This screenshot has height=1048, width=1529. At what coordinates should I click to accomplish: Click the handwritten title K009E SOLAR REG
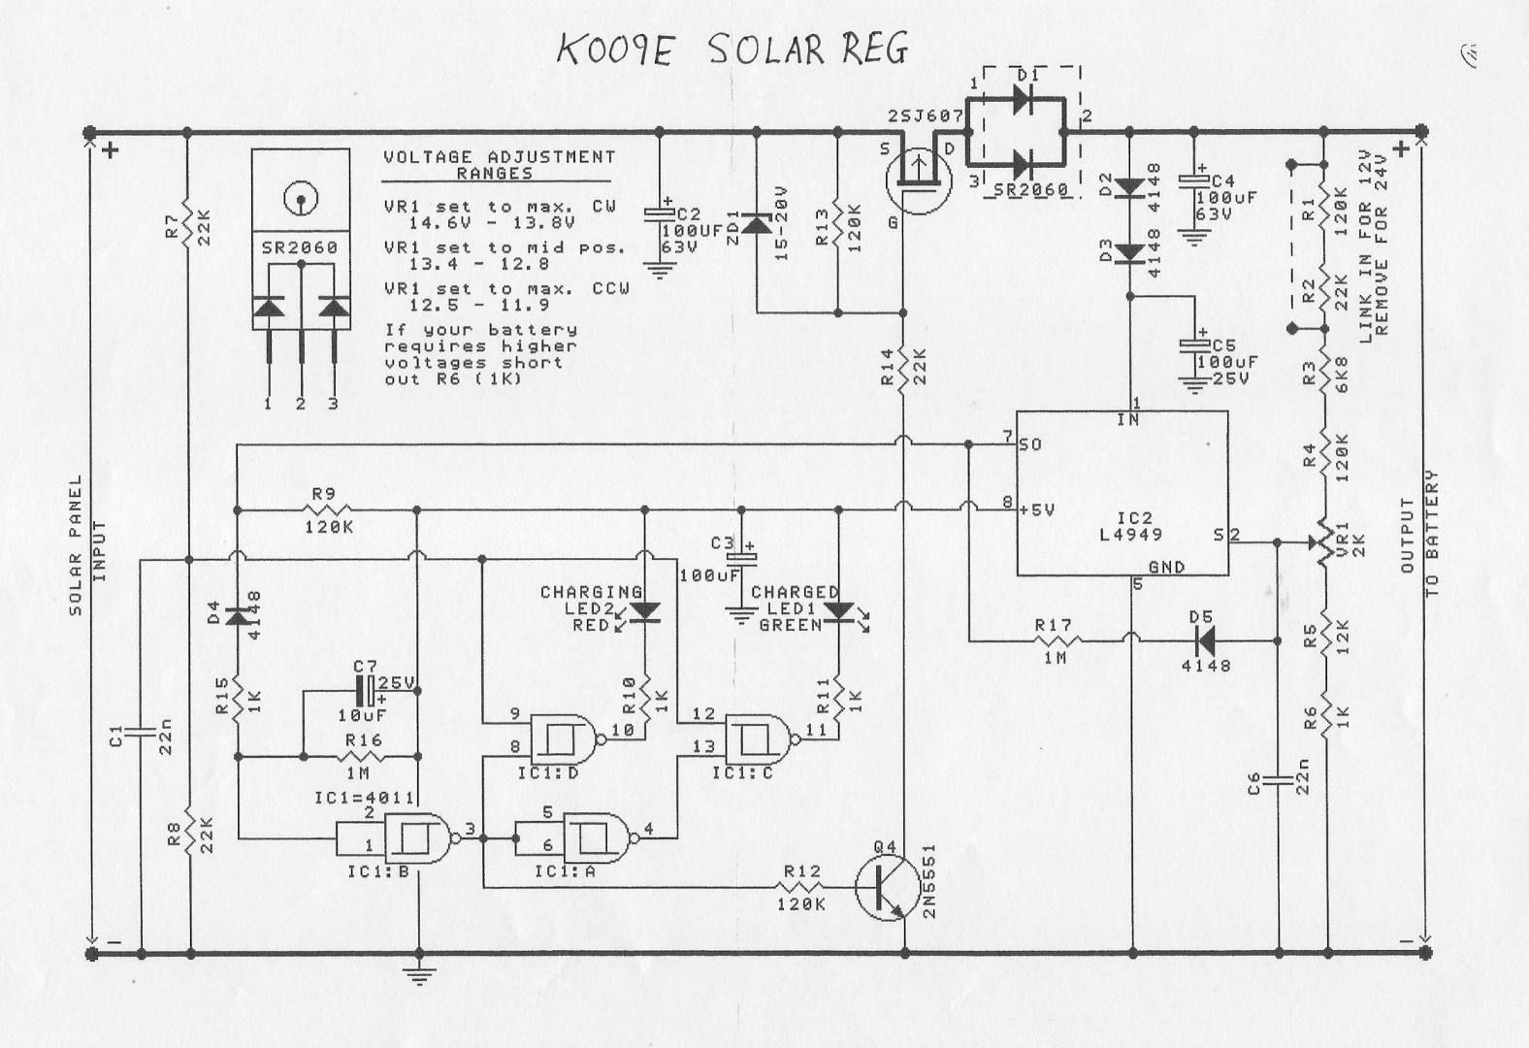732,49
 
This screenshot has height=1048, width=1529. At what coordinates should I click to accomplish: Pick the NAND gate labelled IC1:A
596,835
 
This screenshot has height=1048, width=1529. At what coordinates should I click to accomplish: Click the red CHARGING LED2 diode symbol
644,611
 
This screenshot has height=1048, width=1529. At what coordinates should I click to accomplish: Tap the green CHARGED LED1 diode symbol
838,611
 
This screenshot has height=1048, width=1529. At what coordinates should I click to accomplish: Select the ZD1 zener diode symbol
756,222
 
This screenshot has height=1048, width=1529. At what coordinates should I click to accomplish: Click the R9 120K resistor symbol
328,509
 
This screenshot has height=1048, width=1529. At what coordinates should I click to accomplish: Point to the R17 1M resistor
1053,640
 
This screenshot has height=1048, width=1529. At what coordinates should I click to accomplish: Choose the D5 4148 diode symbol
1205,640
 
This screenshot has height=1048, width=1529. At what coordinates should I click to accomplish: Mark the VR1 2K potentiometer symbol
1321,545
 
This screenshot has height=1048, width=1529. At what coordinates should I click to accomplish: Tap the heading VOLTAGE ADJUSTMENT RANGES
498,164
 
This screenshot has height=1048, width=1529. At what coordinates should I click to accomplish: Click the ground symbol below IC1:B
419,974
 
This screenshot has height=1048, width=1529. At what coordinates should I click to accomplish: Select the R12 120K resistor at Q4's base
801,887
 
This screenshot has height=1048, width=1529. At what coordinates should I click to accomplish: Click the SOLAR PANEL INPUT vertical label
86,543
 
